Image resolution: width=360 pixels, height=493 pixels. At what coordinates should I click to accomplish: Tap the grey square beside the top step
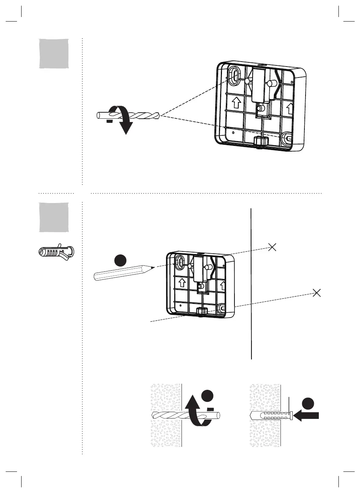[54, 53]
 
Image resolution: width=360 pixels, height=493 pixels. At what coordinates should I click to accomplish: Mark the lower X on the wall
[317, 292]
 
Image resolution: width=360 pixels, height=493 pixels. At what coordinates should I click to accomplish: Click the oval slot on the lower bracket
[180, 262]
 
